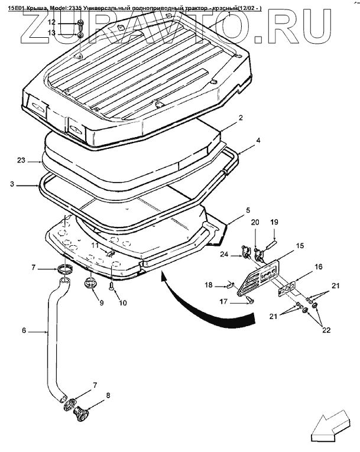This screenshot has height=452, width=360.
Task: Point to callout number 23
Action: (21, 160)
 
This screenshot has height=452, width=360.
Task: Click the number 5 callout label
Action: (248, 210)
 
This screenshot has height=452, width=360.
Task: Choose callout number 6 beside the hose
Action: (24, 331)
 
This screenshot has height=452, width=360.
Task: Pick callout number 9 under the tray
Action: (101, 303)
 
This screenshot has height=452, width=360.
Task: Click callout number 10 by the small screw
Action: (123, 303)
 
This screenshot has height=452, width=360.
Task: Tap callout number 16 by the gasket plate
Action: (318, 268)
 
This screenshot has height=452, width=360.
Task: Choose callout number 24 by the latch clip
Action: (224, 255)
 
